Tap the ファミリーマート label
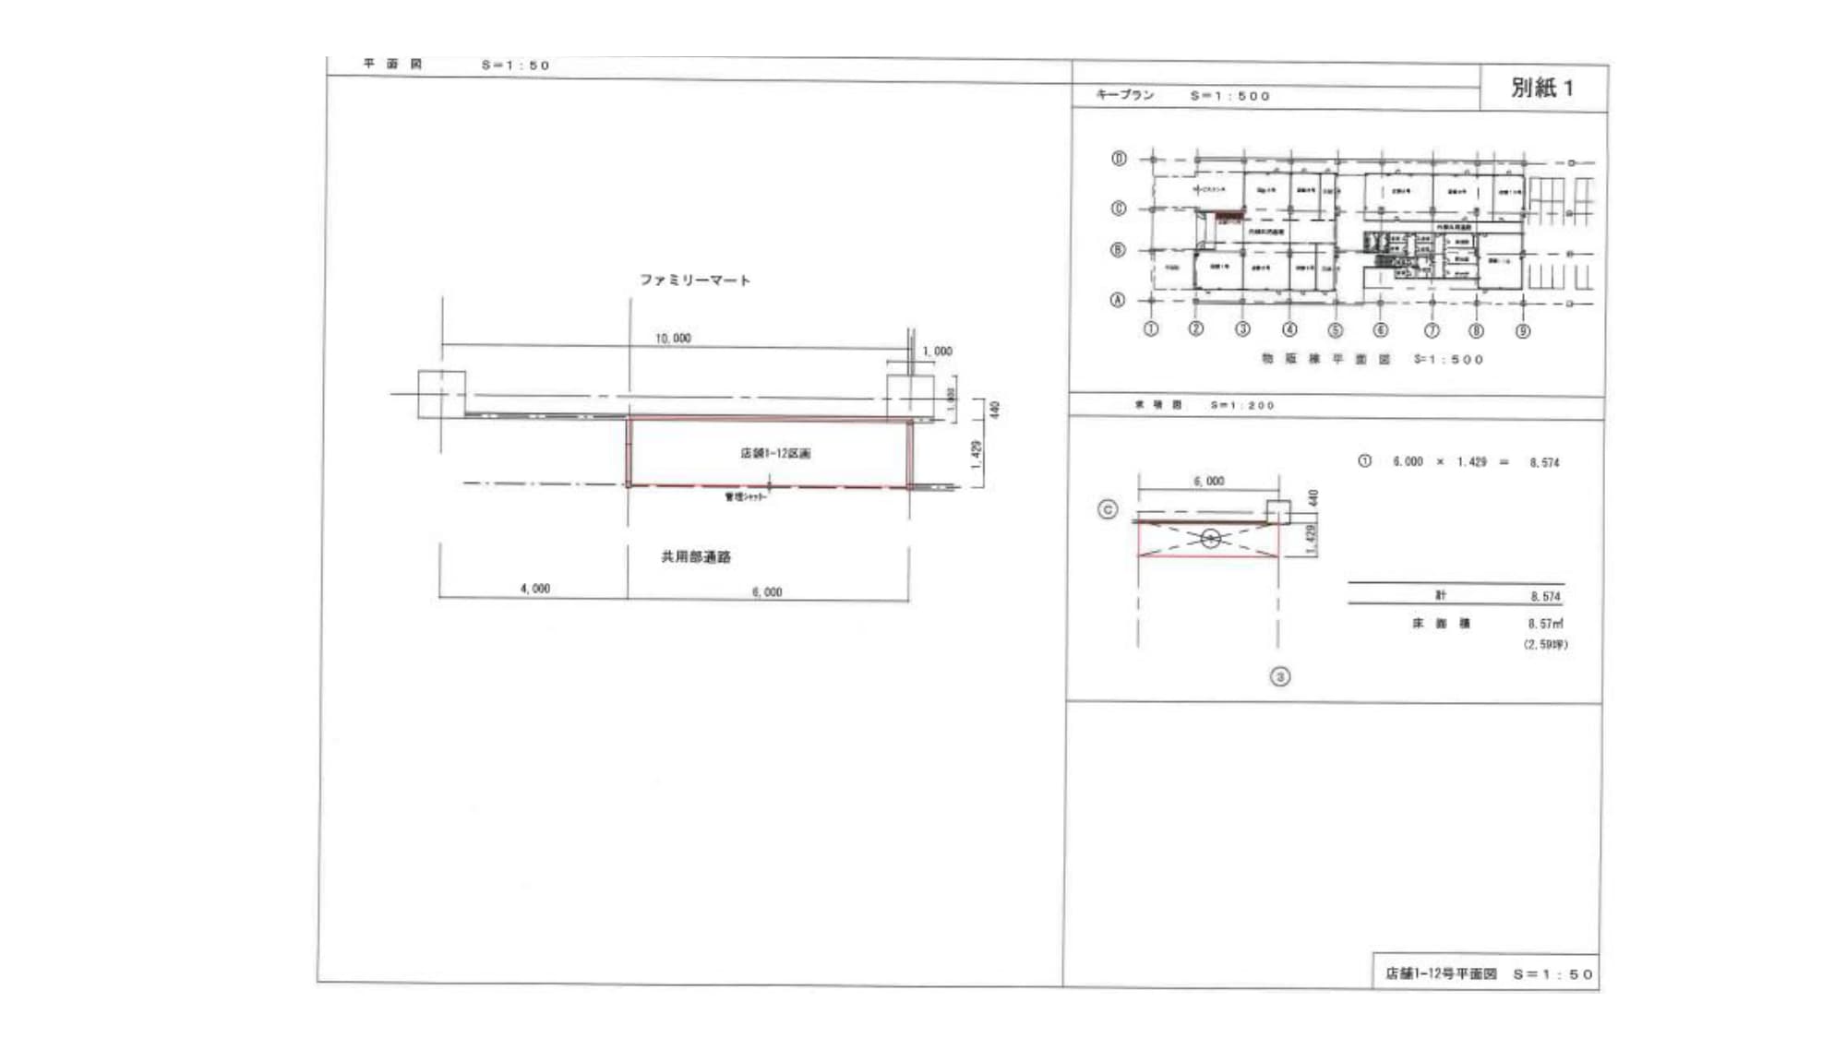point(695,280)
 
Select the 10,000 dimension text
point(673,339)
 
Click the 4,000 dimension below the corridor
point(534,589)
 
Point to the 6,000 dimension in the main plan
point(767,592)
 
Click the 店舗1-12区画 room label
point(775,453)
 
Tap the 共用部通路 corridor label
point(696,557)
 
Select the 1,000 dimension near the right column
point(937,352)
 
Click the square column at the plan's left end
point(441,394)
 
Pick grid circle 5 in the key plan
point(1335,330)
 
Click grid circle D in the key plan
point(1119,159)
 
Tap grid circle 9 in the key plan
point(1523,331)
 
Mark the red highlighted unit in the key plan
point(1229,219)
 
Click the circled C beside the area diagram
point(1108,509)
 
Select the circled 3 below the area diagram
point(1280,677)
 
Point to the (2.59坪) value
point(1545,645)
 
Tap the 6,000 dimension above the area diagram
point(1208,482)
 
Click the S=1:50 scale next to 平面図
point(515,66)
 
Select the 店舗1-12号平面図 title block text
point(1441,973)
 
